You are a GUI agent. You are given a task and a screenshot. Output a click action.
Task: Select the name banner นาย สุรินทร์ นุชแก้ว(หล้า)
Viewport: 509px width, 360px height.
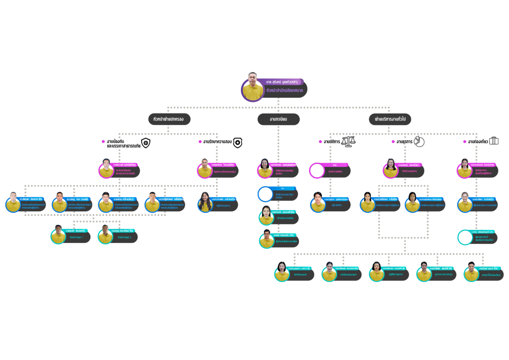pyautogui.click(x=281, y=81)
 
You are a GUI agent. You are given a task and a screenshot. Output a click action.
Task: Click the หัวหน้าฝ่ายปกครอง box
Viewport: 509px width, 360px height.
pyautogui.click(x=169, y=119)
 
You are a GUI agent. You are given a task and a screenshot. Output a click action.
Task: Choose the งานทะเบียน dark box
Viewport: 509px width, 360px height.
pyautogui.click(x=278, y=119)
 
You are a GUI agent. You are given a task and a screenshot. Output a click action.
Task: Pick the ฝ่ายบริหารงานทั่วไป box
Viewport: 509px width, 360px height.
pyautogui.click(x=390, y=119)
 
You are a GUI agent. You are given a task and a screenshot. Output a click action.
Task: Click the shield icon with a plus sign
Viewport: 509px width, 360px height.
pyautogui.click(x=146, y=143)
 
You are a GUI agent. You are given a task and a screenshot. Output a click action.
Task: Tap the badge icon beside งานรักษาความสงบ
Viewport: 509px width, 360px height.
pyautogui.click(x=238, y=143)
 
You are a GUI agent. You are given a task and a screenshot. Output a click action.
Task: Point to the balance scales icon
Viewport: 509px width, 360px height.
pyautogui.click(x=349, y=141)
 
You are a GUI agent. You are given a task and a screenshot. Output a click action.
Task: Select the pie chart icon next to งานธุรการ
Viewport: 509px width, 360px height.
pyautogui.click(x=419, y=142)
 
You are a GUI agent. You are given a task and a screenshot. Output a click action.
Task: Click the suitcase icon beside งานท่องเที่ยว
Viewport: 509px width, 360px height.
pyautogui.click(x=494, y=141)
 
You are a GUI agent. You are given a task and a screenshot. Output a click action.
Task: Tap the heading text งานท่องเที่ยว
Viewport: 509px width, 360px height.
pyautogui.click(x=477, y=142)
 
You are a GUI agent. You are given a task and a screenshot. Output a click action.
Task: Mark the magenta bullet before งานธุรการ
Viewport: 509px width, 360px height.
pyautogui.click(x=393, y=142)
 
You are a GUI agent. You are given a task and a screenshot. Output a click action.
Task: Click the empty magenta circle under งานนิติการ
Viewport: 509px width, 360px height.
pyautogui.click(x=316, y=170)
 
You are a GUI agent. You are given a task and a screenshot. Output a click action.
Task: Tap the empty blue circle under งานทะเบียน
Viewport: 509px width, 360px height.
pyautogui.click(x=265, y=194)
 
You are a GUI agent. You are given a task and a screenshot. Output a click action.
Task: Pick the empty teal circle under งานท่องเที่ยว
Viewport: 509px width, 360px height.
pyautogui.click(x=465, y=237)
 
